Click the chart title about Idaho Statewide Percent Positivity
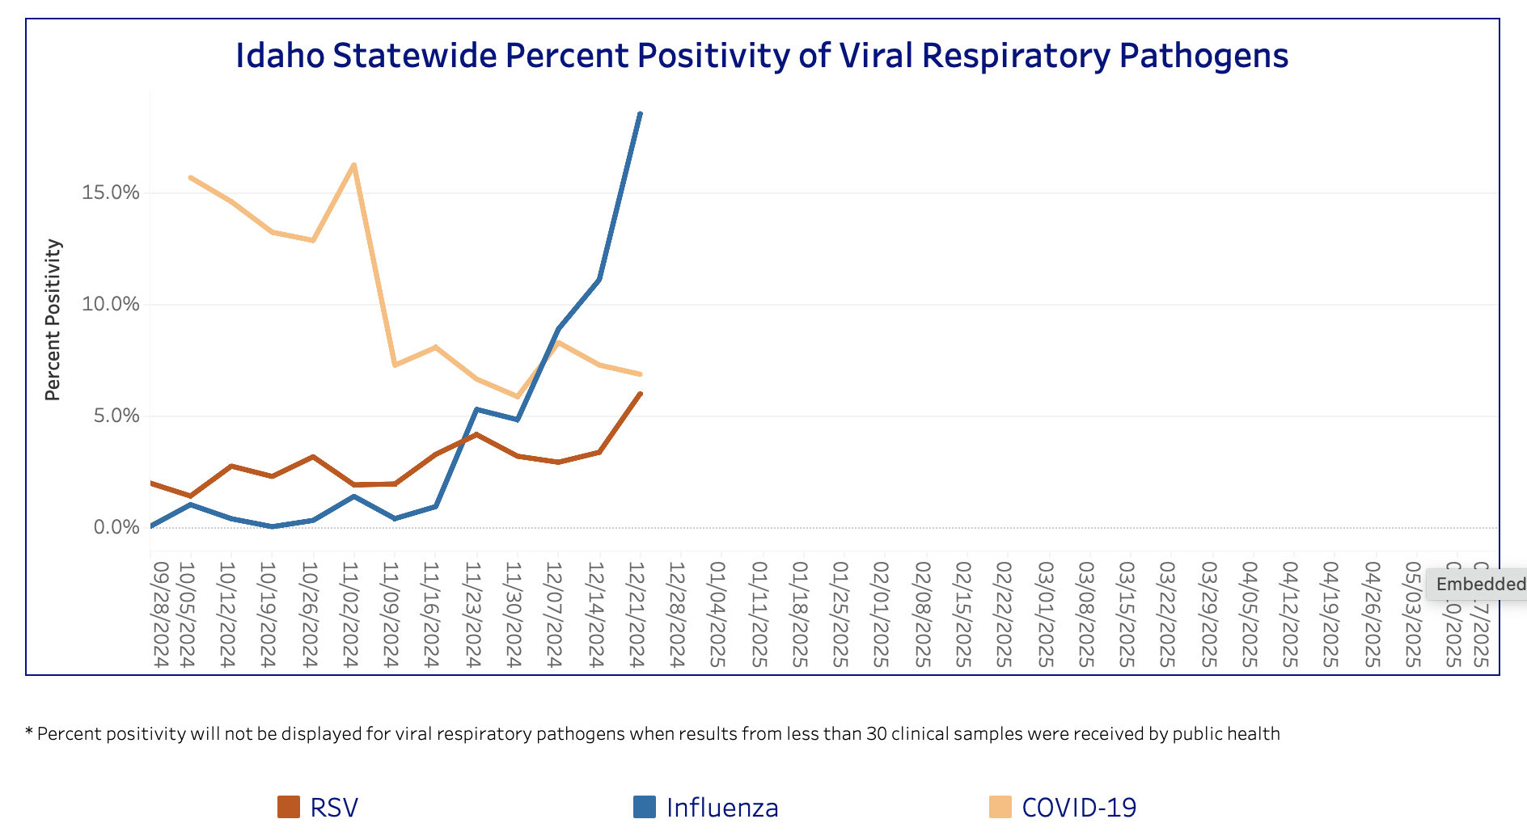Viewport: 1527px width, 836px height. (x=761, y=56)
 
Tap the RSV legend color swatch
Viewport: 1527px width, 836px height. (x=289, y=807)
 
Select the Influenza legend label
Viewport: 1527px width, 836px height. (x=721, y=807)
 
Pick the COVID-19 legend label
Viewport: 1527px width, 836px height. (x=1079, y=807)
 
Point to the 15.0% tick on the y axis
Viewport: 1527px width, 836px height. (x=111, y=192)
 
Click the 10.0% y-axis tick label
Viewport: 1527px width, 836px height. (x=111, y=304)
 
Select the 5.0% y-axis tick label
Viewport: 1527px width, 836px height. (x=116, y=416)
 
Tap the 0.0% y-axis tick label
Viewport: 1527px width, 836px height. (x=116, y=527)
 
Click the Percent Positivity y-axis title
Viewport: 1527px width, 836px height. (x=53, y=319)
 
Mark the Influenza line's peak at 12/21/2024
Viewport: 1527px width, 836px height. (x=640, y=114)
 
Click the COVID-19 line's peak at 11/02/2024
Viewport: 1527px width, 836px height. (x=353, y=165)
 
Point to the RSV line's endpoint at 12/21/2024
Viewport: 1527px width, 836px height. (x=640, y=394)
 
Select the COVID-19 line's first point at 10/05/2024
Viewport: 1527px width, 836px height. (x=190, y=177)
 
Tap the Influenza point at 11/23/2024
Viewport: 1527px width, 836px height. (x=476, y=409)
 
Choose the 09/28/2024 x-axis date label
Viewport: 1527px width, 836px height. (x=159, y=614)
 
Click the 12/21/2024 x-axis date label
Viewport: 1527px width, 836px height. (x=637, y=614)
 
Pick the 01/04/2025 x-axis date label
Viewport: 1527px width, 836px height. (x=717, y=614)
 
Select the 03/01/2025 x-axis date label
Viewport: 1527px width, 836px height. (x=1044, y=614)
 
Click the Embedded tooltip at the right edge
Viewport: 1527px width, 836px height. (x=1478, y=584)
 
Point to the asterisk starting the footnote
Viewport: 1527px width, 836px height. (x=29, y=733)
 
